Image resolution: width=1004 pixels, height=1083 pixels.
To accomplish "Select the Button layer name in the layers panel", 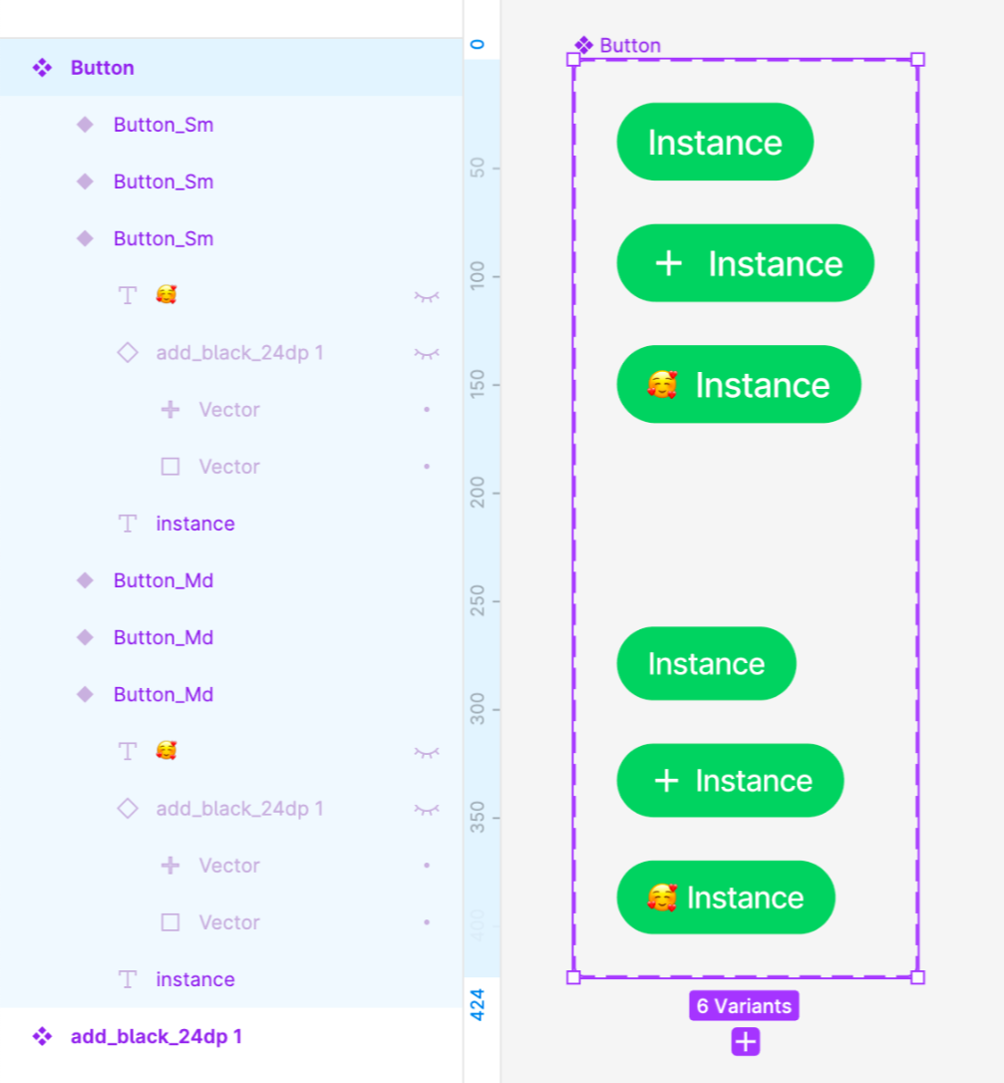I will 102,68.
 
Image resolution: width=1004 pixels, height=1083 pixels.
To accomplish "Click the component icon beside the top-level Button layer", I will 42,68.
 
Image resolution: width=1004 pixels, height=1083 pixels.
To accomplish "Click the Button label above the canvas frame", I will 629,45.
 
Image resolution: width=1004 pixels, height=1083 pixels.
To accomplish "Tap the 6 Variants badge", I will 744,1005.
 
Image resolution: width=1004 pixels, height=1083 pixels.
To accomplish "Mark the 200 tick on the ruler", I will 478,492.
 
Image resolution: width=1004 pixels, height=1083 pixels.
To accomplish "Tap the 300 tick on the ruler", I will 478,708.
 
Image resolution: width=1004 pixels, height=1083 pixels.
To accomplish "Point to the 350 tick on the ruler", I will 478,817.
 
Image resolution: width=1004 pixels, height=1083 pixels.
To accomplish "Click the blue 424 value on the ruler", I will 478,1004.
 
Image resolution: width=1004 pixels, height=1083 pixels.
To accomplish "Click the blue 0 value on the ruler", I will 478,44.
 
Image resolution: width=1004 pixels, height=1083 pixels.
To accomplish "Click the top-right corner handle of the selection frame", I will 917,60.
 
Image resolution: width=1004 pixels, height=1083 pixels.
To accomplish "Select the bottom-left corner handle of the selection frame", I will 573,977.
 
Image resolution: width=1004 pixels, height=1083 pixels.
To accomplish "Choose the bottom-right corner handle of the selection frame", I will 917,977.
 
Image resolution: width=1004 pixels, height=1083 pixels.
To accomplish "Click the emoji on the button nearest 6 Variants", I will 661,898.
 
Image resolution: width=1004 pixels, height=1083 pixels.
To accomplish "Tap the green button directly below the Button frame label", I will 715,142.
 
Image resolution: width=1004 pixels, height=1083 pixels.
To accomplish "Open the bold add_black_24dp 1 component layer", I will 156,1036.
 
